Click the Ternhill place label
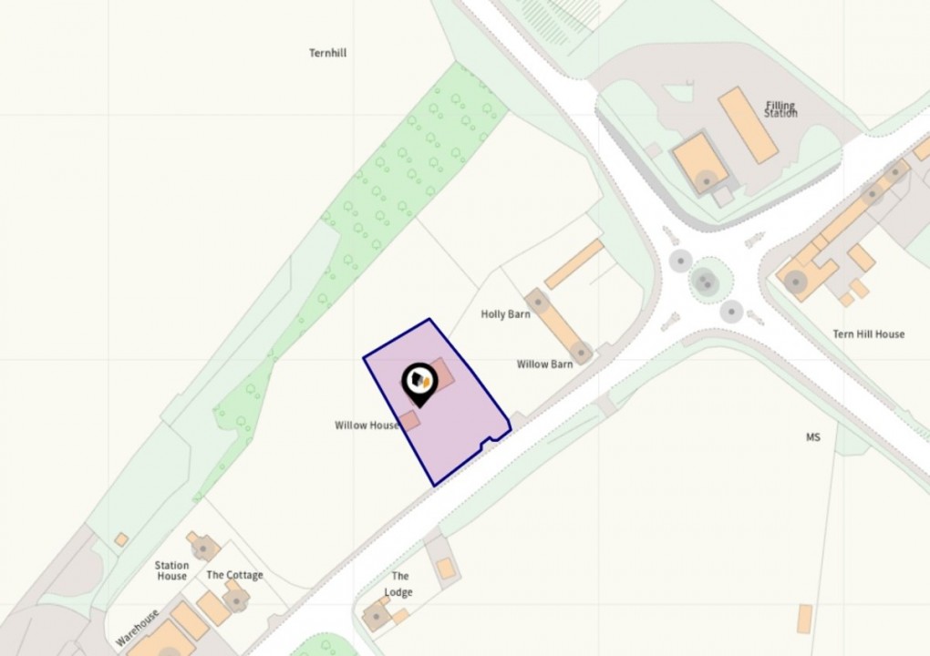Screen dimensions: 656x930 pos(327,53)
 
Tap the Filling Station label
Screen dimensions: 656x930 pos(781,109)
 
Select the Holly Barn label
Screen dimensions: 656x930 pos(505,314)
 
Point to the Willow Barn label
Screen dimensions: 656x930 pos(544,364)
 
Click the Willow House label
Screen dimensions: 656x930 pos(367,425)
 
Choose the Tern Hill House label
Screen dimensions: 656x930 pos(868,334)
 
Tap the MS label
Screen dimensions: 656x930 pos(812,437)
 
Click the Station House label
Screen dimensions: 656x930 pos(171,571)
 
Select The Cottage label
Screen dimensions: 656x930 pos(234,575)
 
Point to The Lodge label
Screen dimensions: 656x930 pos(399,584)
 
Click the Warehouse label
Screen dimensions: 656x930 pos(138,628)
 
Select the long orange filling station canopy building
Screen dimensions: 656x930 pos(748,125)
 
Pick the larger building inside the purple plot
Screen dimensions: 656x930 pos(443,374)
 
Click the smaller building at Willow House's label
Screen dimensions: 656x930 pos(410,420)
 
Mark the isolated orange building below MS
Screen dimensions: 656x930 pos(804,619)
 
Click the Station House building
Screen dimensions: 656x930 pos(202,547)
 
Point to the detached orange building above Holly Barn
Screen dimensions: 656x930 pos(574,263)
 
